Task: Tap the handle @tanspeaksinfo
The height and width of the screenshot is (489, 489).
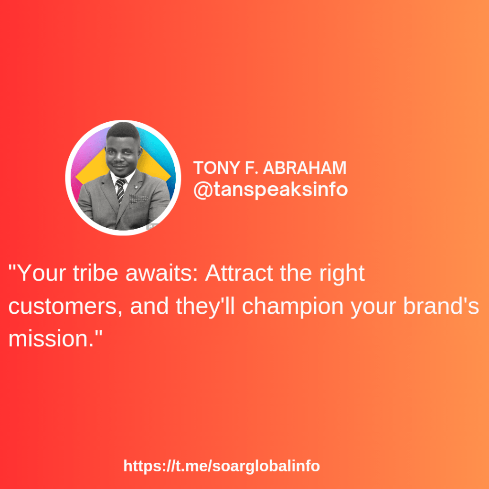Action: [270, 189]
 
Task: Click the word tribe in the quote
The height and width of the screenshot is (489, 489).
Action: [96, 273]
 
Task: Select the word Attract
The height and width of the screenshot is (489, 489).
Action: [239, 273]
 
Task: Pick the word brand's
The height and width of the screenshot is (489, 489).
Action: [441, 306]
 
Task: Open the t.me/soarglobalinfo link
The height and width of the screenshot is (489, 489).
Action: [222, 466]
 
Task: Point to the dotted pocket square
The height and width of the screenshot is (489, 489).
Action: [138, 198]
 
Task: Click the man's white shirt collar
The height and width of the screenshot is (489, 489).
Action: [123, 177]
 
